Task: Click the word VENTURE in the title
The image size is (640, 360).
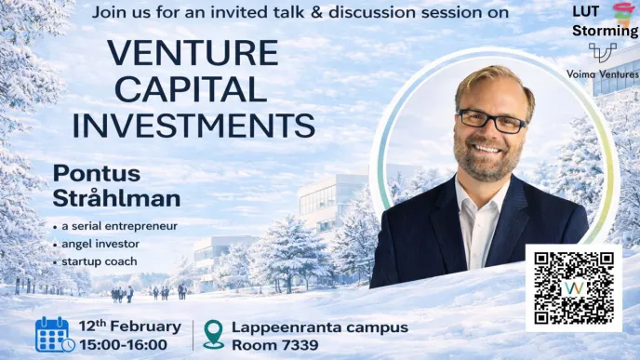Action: point(193,53)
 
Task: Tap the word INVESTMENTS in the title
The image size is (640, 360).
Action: point(193,124)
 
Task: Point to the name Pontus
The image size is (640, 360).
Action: point(95,174)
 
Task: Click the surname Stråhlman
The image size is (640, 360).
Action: point(116,198)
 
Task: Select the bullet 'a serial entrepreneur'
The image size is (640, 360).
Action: point(119,226)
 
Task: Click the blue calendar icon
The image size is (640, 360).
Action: point(54,335)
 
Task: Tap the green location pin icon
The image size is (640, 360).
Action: point(213,335)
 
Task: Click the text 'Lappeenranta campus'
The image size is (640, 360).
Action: point(321,327)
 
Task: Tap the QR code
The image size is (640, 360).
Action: point(573,287)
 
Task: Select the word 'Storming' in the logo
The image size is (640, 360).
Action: point(606,31)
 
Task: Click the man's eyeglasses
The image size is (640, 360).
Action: point(491,120)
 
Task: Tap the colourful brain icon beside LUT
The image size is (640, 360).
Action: point(622,13)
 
